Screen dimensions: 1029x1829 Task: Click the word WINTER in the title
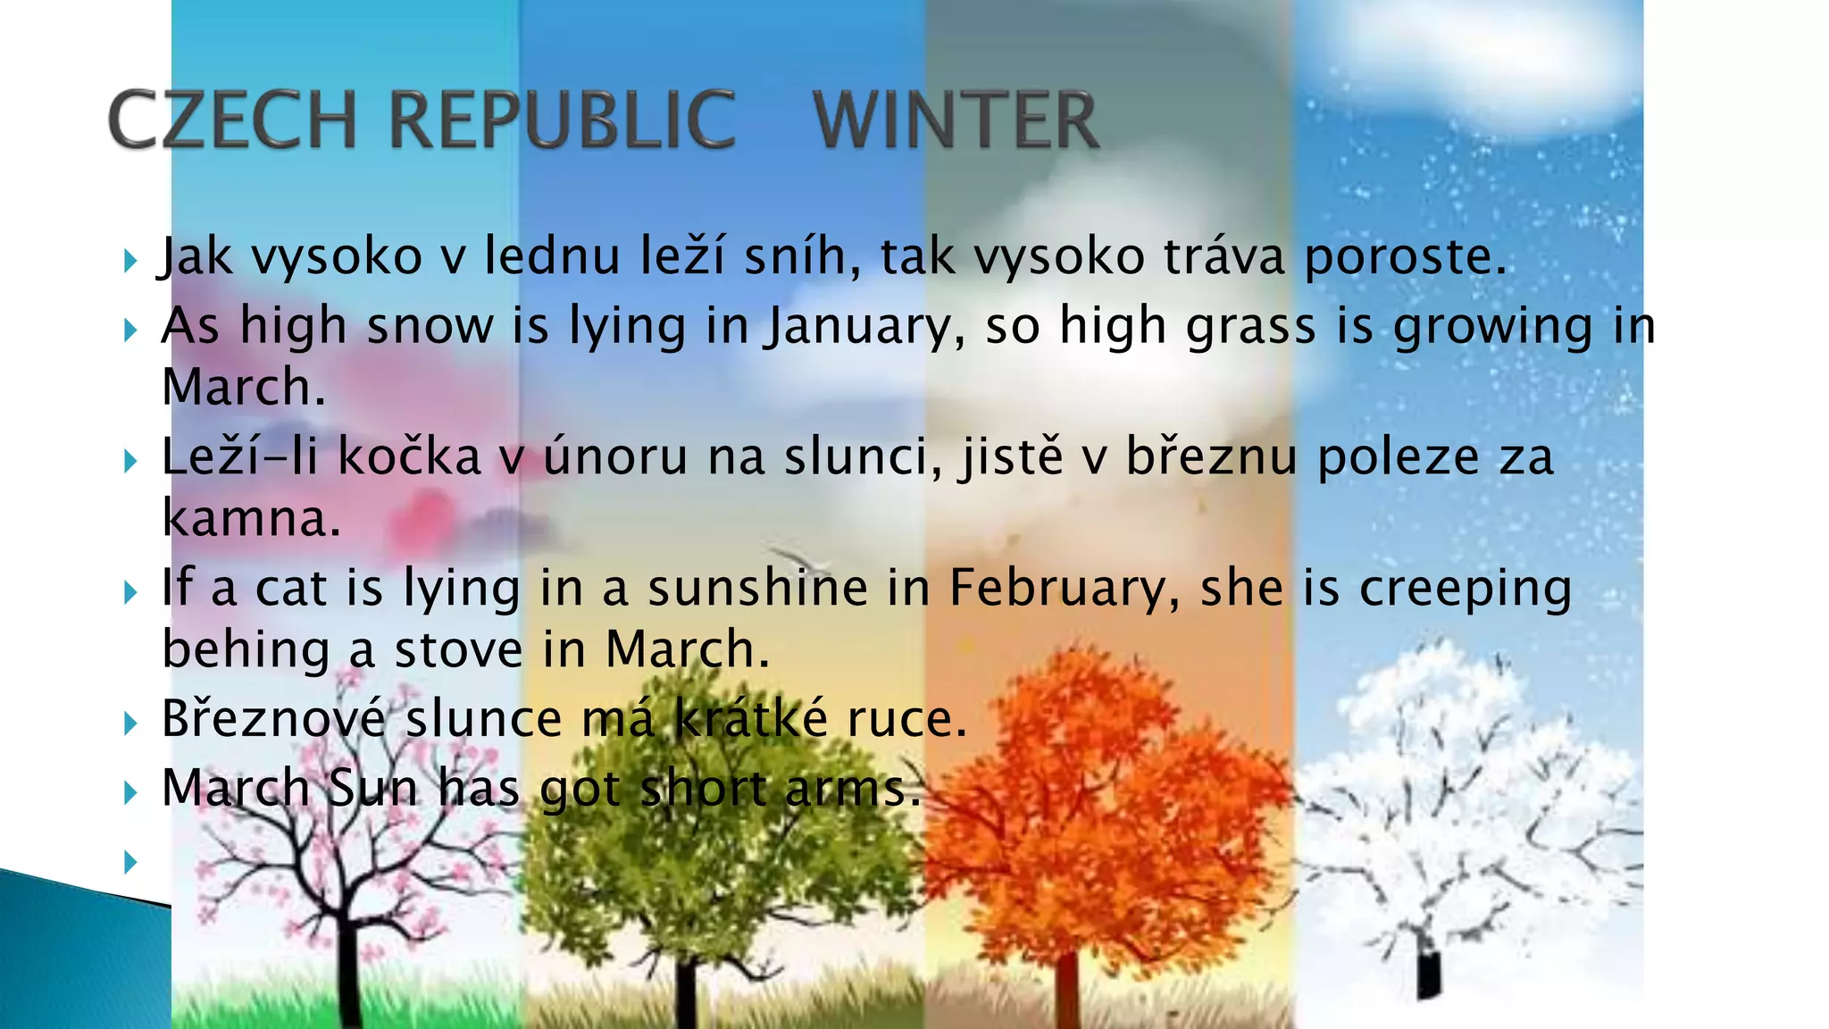click(x=956, y=120)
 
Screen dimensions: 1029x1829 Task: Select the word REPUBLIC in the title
click(x=563, y=120)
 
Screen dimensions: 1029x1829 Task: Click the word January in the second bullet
click(x=862, y=326)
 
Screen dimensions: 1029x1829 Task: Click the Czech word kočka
click(x=410, y=457)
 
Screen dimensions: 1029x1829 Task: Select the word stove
click(x=458, y=649)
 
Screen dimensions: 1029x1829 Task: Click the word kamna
click(x=251, y=519)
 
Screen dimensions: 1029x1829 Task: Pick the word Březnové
click(x=275, y=719)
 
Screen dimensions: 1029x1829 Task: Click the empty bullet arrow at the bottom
click(x=131, y=862)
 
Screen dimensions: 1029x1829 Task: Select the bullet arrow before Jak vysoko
click(x=131, y=261)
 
